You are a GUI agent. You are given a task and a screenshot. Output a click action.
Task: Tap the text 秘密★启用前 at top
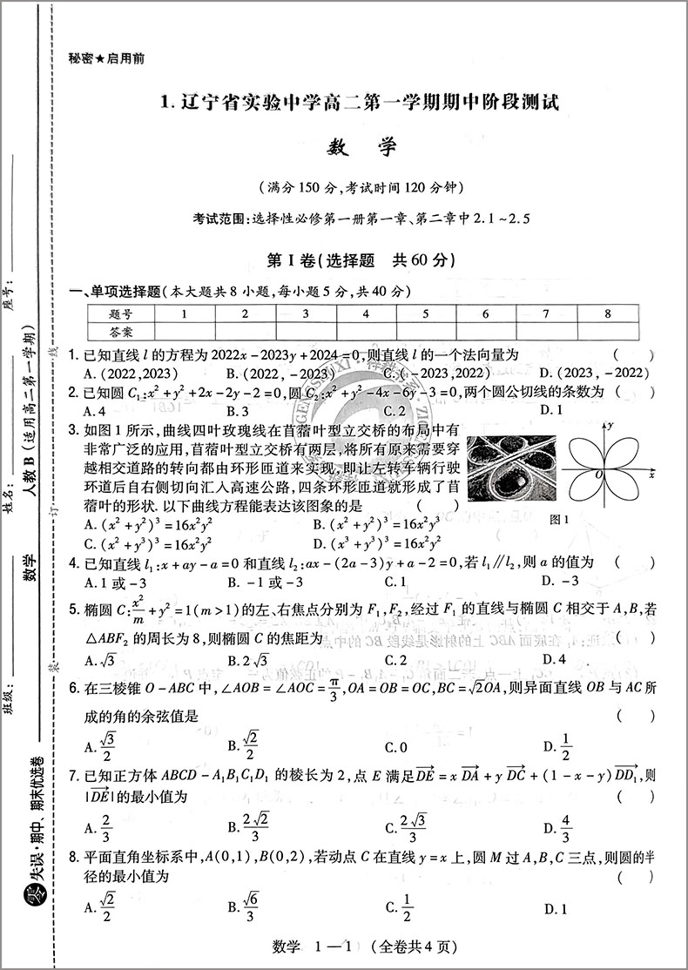tap(106, 59)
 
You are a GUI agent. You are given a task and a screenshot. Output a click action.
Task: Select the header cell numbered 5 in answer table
tap(426, 313)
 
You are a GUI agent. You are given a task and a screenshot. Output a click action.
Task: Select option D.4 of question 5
tap(553, 660)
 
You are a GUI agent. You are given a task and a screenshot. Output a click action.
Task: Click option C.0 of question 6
tap(397, 746)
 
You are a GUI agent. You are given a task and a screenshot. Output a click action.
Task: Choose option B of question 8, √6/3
tap(242, 908)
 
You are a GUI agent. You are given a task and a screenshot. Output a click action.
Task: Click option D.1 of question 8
tap(555, 909)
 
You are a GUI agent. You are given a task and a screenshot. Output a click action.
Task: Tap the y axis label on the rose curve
tap(613, 424)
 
